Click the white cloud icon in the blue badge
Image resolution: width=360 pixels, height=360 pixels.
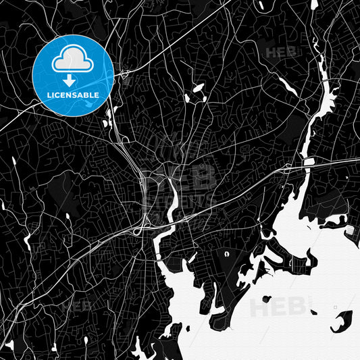pos(73,60)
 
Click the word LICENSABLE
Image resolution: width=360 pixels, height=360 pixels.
pos(73,95)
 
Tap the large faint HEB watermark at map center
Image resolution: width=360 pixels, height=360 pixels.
pos(182,177)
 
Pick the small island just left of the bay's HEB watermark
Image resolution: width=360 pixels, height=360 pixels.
pos(266,298)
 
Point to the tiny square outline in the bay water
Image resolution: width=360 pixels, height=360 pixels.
pos(336,308)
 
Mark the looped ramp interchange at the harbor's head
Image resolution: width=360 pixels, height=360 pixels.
pos(140,230)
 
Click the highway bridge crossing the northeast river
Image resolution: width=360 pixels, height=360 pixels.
pos(308,163)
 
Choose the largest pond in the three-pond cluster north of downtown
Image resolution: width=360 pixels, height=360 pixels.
pos(199,88)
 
